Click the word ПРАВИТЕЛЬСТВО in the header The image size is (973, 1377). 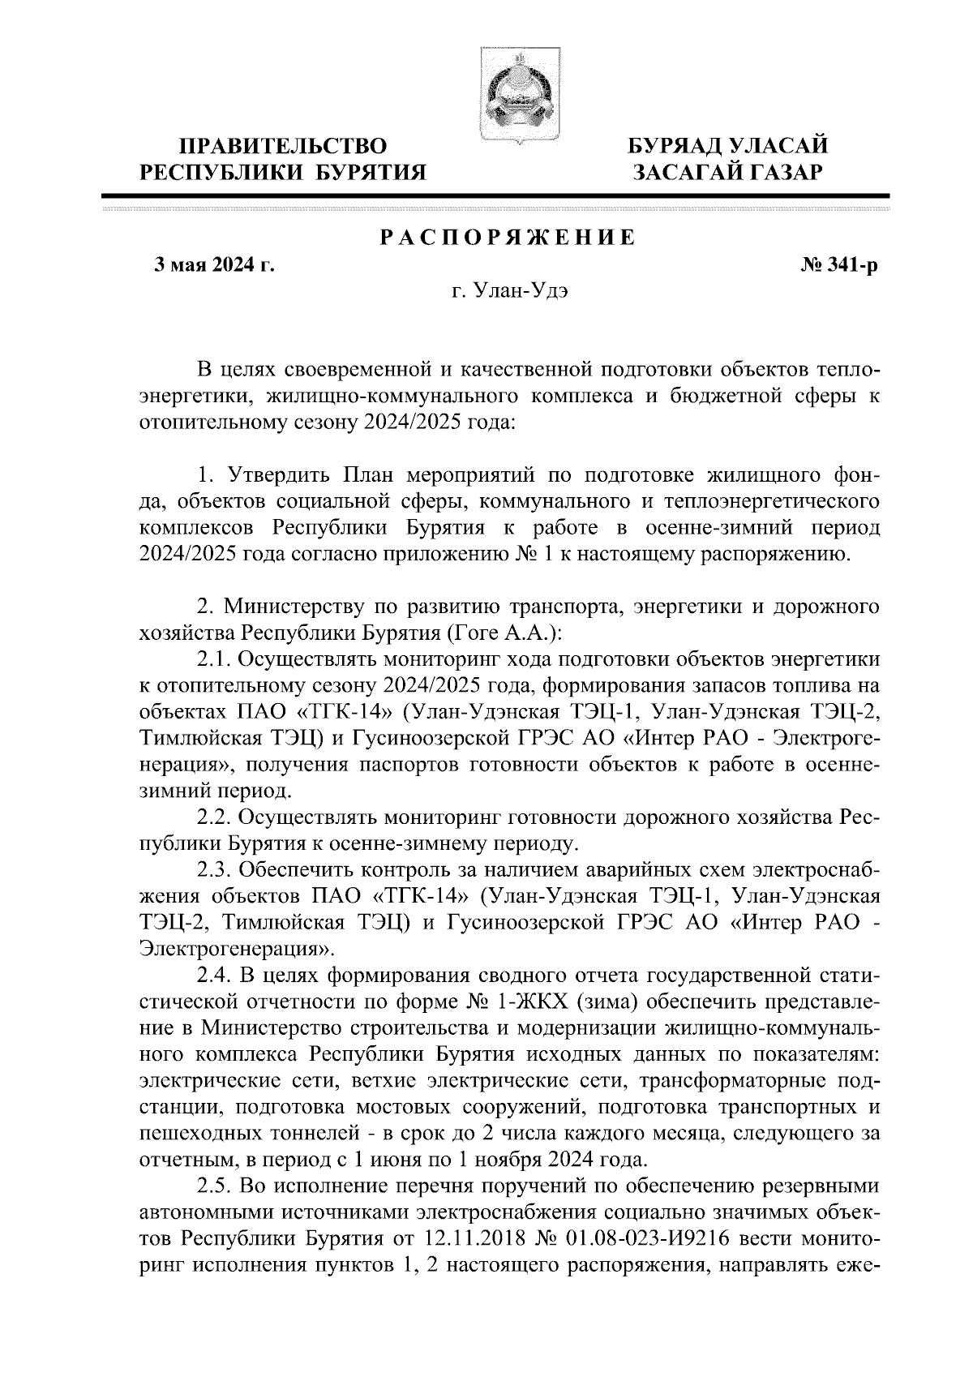[x=283, y=147]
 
